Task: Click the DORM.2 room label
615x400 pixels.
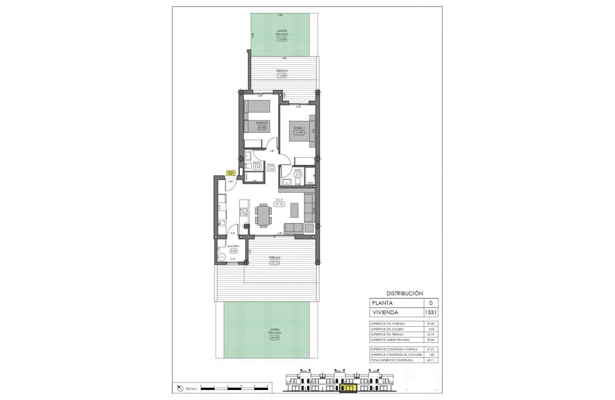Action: pos(260,123)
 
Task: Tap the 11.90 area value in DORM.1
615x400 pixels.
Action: pos(299,133)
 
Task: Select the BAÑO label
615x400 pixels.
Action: pos(257,162)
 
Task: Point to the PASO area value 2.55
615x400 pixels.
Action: pos(271,169)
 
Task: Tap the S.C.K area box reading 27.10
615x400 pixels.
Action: pos(279,204)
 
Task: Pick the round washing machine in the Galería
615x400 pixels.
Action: pos(221,256)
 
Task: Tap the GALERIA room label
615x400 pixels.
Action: pos(233,246)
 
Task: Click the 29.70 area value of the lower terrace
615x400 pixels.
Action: pos(274,262)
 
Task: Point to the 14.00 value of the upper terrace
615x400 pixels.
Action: pos(281,75)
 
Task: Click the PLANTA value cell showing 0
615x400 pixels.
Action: pos(430,303)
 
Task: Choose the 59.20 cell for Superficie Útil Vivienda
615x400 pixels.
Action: pos(430,324)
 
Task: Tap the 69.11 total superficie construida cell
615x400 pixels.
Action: pos(430,361)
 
